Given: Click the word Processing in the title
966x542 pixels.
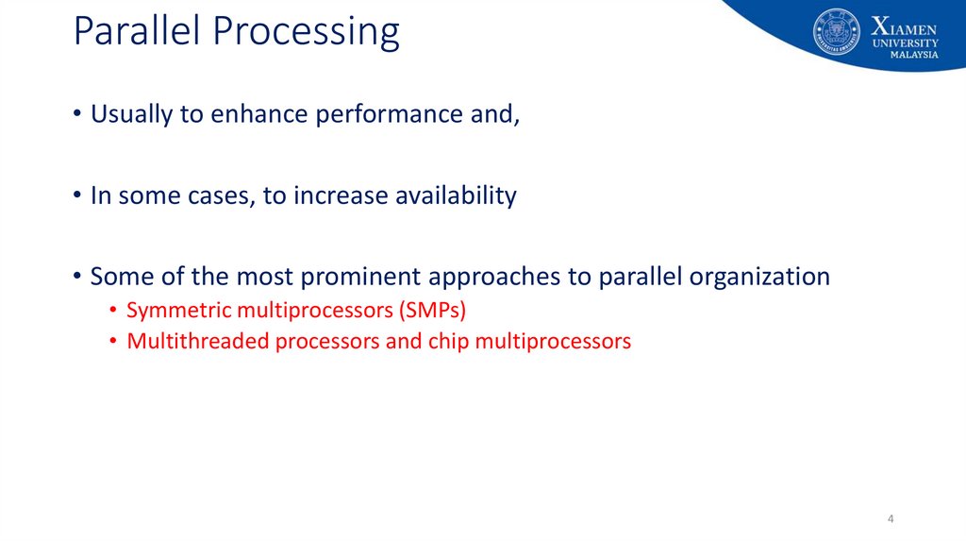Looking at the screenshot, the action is click(307, 32).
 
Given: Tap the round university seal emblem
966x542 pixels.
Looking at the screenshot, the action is click(837, 32).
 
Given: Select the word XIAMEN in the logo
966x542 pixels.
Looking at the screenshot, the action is click(905, 26).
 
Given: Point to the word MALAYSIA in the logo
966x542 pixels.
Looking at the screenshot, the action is click(914, 54).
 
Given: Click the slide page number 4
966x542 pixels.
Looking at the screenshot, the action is click(891, 519).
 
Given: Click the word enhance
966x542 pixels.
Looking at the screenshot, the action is click(259, 113).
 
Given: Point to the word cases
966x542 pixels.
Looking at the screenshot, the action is click(221, 196).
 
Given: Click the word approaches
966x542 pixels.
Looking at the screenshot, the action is click(494, 277).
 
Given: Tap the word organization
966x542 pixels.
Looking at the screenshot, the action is click(759, 277).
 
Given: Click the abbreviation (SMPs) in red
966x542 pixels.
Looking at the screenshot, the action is click(432, 310).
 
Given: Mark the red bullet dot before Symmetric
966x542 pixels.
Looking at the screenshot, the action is click(113, 310).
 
